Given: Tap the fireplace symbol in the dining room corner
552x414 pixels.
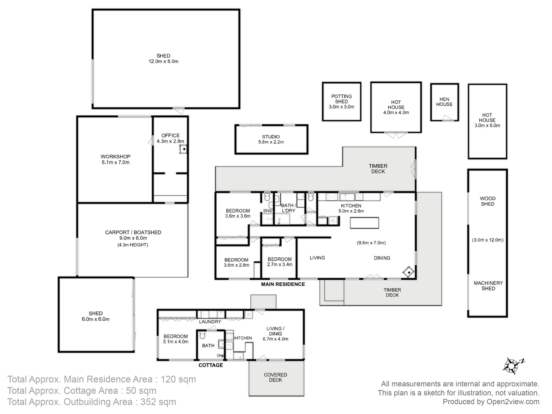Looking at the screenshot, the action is [408, 272].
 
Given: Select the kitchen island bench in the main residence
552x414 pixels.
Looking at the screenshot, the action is [364, 223].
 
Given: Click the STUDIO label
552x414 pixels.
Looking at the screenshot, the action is [271, 137].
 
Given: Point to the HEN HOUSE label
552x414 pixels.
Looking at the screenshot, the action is [444, 102].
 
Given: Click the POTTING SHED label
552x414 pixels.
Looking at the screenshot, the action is [341, 99].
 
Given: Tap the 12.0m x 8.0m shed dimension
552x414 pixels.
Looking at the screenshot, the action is [163, 61].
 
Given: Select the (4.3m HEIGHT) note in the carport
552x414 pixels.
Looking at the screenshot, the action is [133, 245].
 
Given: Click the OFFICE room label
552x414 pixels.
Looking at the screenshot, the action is [170, 136].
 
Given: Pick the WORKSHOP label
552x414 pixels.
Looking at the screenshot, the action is [115, 156].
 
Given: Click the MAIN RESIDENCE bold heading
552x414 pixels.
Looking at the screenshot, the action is [283, 284].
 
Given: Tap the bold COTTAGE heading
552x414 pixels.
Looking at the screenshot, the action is [211, 365].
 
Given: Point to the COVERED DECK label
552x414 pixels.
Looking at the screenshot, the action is [275, 377].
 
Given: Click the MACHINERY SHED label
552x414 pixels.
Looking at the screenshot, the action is [488, 286].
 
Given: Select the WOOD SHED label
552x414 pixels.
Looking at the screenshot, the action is [488, 201].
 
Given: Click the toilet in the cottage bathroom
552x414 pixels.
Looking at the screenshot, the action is [202, 335].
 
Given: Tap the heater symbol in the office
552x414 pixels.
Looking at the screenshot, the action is [183, 149].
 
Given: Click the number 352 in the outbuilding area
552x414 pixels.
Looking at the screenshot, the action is [150, 402].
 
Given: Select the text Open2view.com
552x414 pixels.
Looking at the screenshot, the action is [513, 402].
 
